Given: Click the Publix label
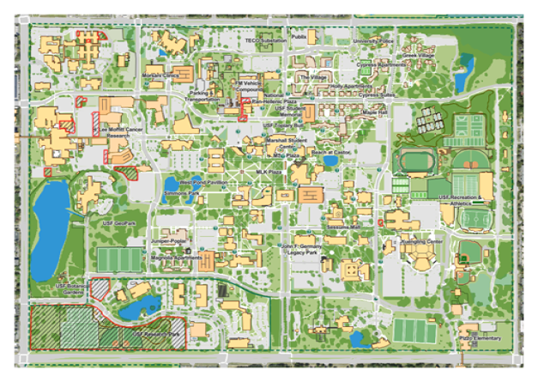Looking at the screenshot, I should [x=299, y=38].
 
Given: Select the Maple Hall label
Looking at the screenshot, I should [x=376, y=111].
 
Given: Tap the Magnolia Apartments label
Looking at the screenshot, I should [x=176, y=257].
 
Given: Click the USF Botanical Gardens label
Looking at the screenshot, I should [x=70, y=288].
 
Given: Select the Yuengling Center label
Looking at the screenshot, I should [x=423, y=241].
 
